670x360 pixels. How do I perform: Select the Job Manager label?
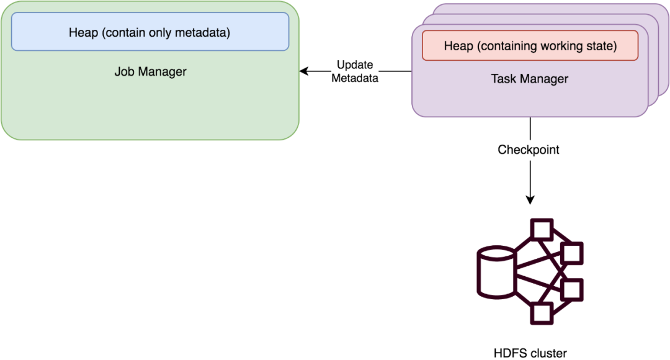(150, 72)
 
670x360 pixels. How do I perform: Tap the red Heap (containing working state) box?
(530, 47)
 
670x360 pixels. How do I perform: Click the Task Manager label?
(530, 79)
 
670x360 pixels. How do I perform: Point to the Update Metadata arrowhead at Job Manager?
(303, 71)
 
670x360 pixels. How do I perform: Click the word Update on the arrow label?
(354, 65)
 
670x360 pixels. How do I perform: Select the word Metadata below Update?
(354, 78)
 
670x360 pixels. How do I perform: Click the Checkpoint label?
(529, 150)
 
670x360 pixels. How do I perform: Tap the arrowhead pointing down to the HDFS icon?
(530, 200)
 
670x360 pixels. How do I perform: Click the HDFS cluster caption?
(530, 353)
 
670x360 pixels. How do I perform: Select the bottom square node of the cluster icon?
(541, 313)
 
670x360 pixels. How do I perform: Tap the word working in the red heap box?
(558, 47)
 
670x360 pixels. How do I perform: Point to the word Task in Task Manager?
(504, 79)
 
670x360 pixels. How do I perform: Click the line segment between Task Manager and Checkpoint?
(530, 128)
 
